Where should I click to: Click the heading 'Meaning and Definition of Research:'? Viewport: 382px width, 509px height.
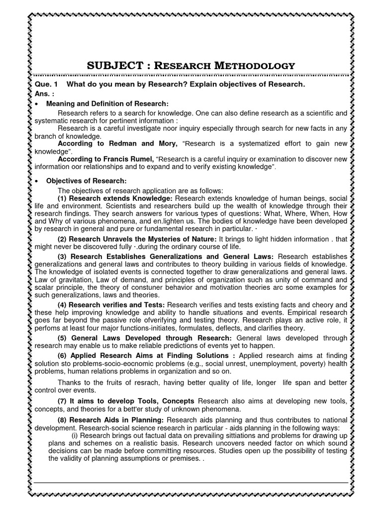coord(107,103)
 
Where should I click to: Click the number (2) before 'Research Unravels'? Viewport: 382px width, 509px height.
coord(63,239)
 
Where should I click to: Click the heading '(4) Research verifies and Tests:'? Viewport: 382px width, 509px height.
coord(111,305)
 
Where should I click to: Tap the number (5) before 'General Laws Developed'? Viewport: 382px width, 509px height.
coord(63,338)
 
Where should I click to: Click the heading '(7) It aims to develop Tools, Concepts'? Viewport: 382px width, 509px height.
coord(126,401)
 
